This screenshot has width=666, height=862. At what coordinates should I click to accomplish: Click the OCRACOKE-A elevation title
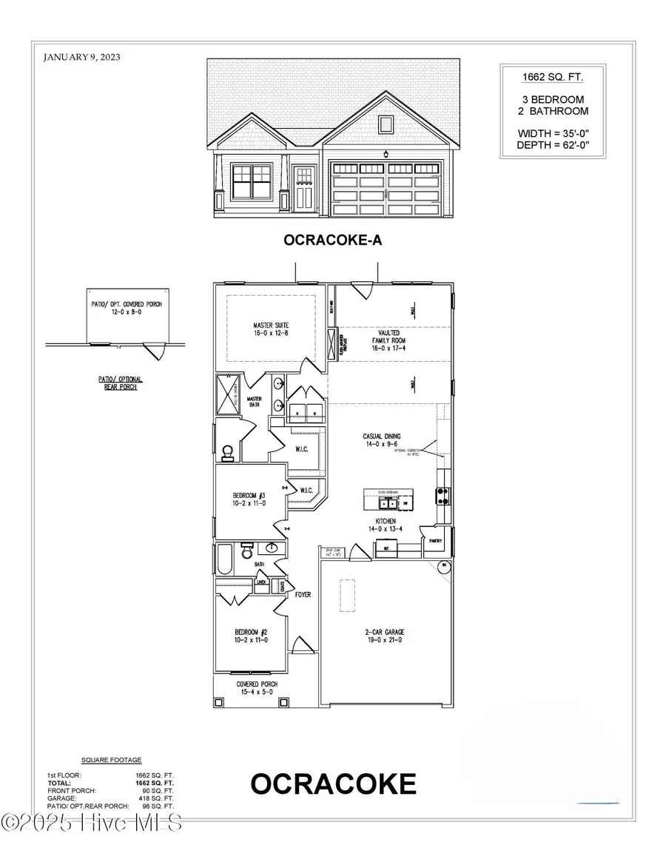(x=332, y=240)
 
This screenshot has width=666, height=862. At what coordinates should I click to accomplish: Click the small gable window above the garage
(x=385, y=124)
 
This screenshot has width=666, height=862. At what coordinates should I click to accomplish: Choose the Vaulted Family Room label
(x=389, y=341)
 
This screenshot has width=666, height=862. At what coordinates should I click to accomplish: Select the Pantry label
(x=434, y=541)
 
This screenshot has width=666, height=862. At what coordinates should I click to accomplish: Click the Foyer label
(x=303, y=593)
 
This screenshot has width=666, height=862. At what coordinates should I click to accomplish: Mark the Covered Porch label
(x=257, y=688)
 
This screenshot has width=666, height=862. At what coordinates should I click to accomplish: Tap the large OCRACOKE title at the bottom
(x=333, y=784)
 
